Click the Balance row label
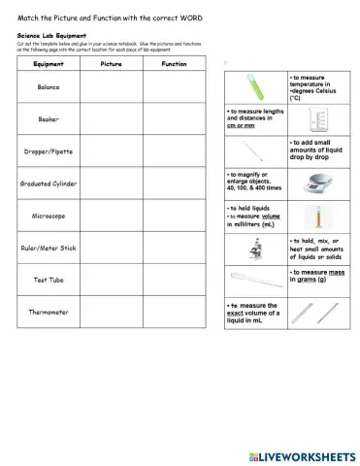pyautogui.click(x=47, y=86)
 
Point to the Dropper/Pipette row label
pyautogui.click(x=47, y=151)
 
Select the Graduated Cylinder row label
pyautogui.click(x=47, y=183)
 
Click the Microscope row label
pyautogui.click(x=47, y=216)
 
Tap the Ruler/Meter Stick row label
pyautogui.click(x=47, y=248)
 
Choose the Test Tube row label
pyautogui.click(x=47, y=280)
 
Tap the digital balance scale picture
pyautogui.click(x=317, y=183)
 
